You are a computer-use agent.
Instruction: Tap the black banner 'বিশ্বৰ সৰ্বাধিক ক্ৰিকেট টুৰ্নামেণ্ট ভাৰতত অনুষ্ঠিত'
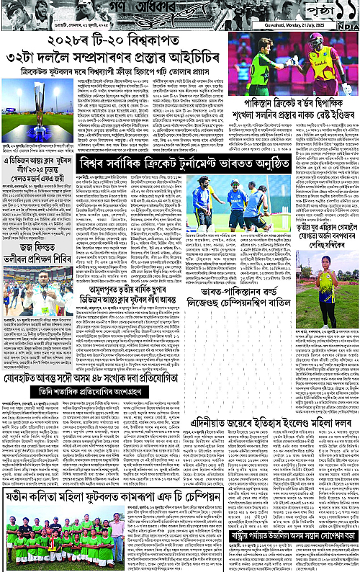[184, 163]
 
